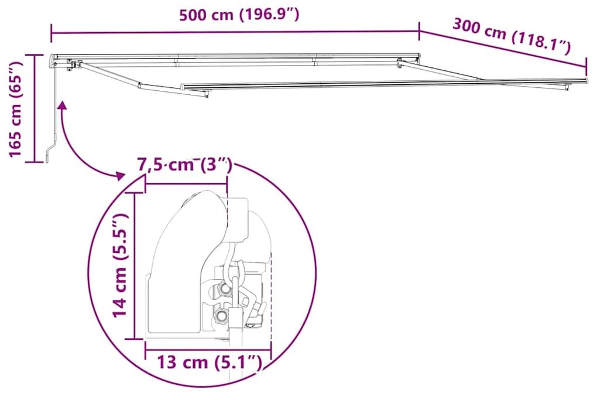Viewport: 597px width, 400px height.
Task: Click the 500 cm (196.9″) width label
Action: tap(239, 15)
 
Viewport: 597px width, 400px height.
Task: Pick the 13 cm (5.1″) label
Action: tap(208, 363)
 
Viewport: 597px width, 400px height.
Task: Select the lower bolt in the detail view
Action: tap(221, 316)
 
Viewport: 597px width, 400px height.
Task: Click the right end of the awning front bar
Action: tap(585, 80)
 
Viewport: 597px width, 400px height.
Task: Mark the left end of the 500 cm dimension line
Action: tap(52, 33)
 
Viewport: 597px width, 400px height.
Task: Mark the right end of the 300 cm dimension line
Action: tap(586, 67)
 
